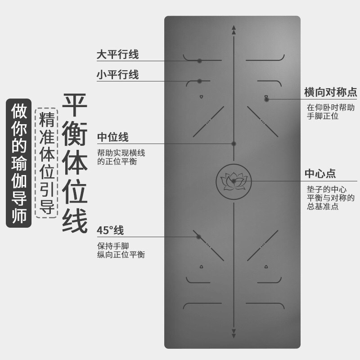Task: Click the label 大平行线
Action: [x=117, y=55]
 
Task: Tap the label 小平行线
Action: [x=117, y=75]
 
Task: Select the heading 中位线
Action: [x=113, y=137]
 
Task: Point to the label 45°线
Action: [x=110, y=231]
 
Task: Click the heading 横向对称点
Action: [x=331, y=93]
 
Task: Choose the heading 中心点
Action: [x=320, y=174]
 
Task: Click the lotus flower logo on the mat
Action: [x=234, y=181]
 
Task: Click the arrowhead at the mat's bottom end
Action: [x=234, y=333]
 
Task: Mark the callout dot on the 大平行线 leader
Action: [x=199, y=61]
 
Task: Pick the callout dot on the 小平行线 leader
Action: [x=199, y=81]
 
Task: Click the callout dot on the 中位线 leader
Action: [x=234, y=144]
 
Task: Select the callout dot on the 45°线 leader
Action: [x=198, y=236]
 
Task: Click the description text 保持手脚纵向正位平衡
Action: [x=121, y=251]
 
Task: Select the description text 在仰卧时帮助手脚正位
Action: [x=331, y=112]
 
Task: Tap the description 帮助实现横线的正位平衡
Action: [x=121, y=157]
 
